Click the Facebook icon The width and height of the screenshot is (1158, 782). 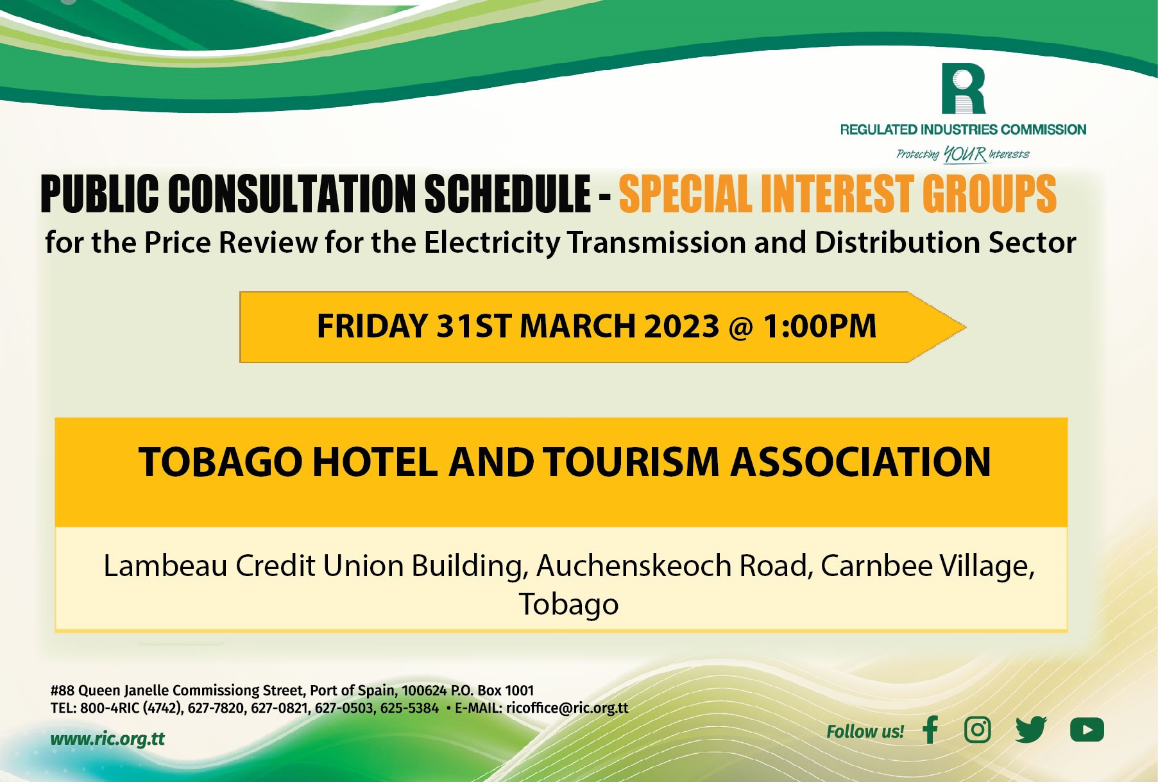click(x=930, y=729)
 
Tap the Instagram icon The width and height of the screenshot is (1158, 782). click(x=977, y=729)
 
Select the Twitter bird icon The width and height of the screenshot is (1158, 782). click(x=1031, y=729)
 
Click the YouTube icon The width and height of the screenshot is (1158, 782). click(x=1087, y=729)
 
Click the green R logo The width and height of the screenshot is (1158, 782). click(x=963, y=89)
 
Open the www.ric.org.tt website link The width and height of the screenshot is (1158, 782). click(x=107, y=739)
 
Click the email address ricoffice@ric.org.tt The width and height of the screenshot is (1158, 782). click(x=567, y=708)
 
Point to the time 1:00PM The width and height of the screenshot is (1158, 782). click(x=819, y=326)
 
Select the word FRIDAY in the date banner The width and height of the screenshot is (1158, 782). click(x=372, y=326)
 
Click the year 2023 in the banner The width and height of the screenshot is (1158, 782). click(x=681, y=326)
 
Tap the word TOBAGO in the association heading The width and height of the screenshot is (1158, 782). click(x=220, y=462)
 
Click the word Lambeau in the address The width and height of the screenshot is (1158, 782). click(x=165, y=566)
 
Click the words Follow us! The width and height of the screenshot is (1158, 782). click(x=865, y=732)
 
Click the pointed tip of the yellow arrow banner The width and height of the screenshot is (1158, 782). click(x=966, y=327)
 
